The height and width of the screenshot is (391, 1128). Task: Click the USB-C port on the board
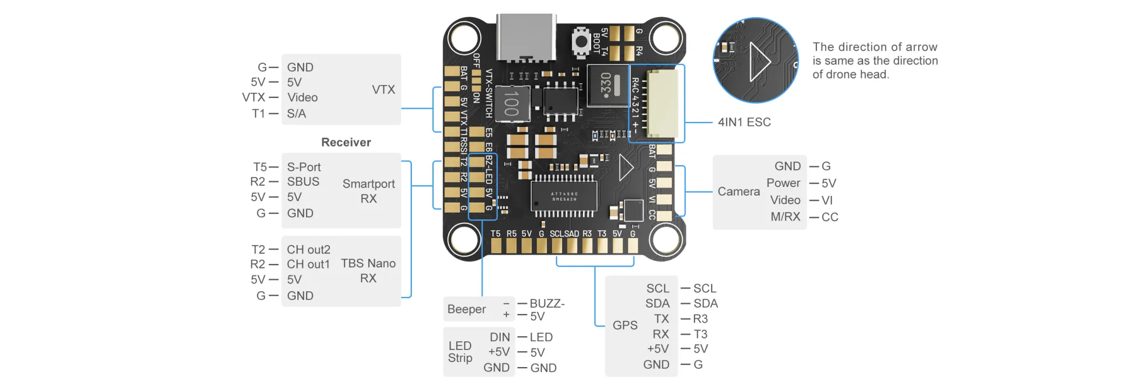click(x=526, y=36)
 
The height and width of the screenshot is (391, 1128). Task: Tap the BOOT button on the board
click(x=581, y=42)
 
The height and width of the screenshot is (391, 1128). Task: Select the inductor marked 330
click(x=606, y=85)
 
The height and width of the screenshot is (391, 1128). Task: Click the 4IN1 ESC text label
click(x=744, y=122)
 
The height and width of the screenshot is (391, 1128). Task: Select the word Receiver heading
click(x=346, y=142)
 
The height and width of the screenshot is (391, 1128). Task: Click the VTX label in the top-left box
click(x=383, y=89)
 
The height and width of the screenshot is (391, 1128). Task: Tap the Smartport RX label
click(x=369, y=191)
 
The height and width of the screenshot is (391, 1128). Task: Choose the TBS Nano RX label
click(x=368, y=271)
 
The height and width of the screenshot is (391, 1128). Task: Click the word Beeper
click(x=467, y=309)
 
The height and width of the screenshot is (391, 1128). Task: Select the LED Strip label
click(x=460, y=352)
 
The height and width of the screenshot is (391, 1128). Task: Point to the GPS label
click(x=625, y=325)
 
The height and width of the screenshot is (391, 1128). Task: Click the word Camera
click(x=738, y=192)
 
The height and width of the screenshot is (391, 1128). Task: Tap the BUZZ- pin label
click(x=547, y=303)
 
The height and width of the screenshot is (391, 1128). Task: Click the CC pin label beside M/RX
click(x=829, y=217)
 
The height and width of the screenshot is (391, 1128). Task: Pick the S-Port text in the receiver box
click(x=304, y=167)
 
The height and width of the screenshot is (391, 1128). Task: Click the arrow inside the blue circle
click(x=759, y=61)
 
